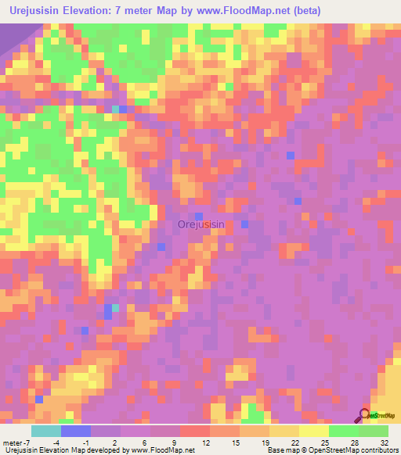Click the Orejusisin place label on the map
[201, 224]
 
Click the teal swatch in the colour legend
[46, 431]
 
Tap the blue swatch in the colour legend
[76, 431]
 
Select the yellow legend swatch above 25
[314, 431]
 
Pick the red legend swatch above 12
[195, 431]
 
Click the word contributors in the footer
[379, 450]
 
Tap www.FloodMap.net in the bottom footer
[163, 450]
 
